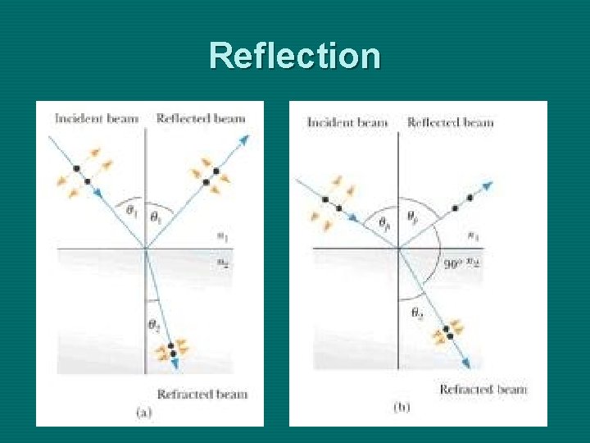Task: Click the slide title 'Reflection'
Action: (x=294, y=56)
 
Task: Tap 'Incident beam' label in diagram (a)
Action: (x=97, y=118)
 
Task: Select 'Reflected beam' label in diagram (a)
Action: (x=201, y=118)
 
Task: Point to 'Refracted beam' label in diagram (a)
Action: (x=202, y=394)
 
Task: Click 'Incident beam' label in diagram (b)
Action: (x=347, y=122)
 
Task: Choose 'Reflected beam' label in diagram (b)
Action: (x=451, y=122)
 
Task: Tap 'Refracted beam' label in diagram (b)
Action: (x=483, y=389)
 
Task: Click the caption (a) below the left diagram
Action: (x=143, y=413)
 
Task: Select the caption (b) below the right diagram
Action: (x=402, y=408)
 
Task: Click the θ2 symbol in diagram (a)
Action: (x=153, y=326)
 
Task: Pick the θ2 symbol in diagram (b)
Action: (x=416, y=313)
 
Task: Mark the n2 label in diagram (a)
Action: (x=221, y=261)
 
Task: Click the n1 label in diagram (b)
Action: (x=473, y=236)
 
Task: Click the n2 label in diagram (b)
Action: (x=474, y=263)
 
